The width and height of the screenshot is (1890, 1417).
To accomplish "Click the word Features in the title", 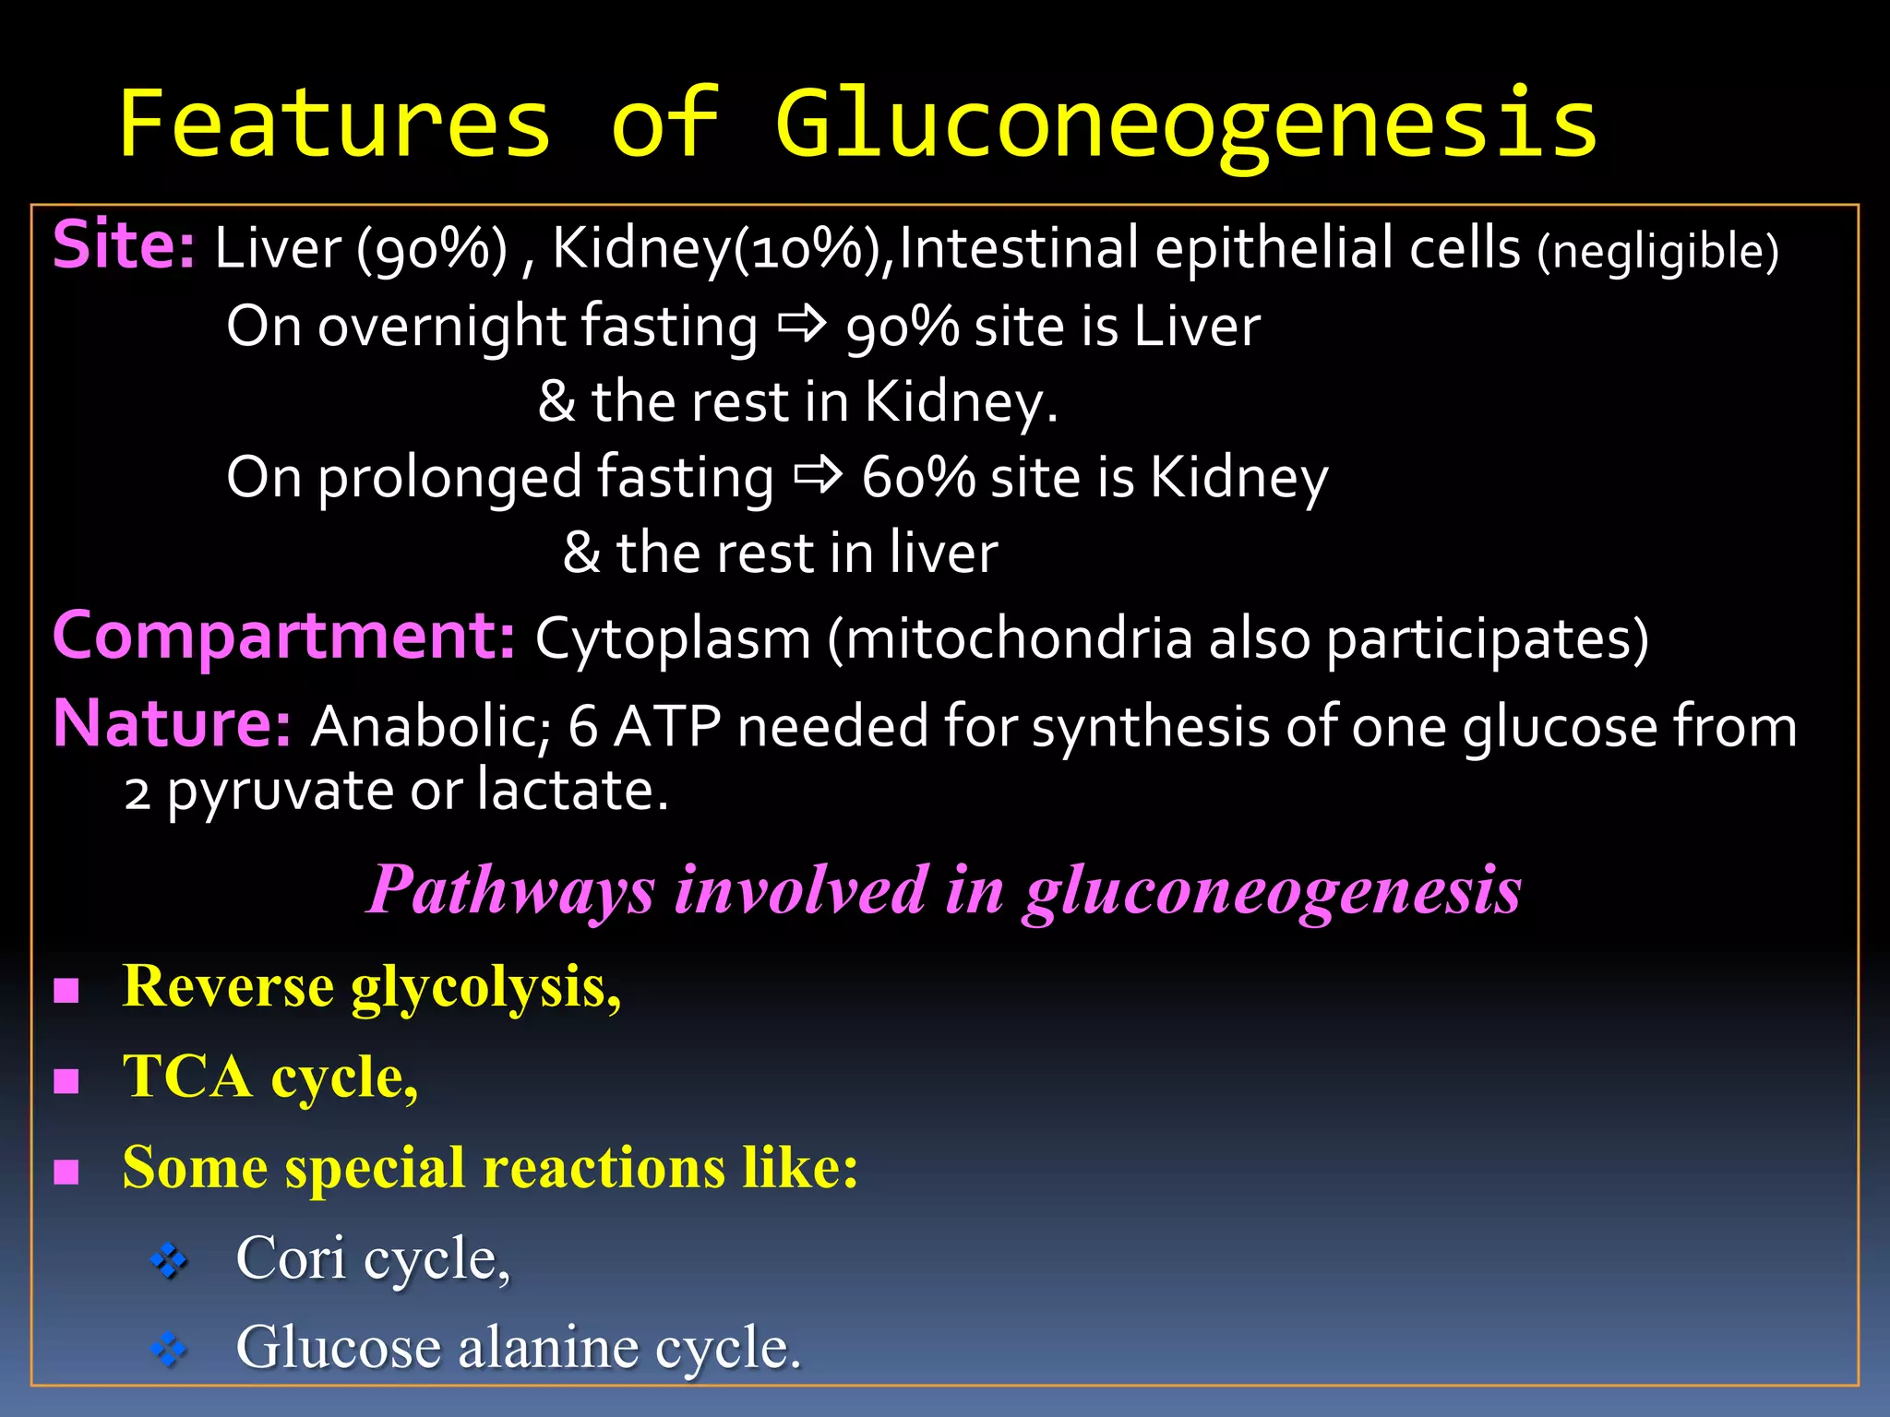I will [x=335, y=125].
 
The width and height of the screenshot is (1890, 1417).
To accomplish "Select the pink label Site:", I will [x=124, y=246].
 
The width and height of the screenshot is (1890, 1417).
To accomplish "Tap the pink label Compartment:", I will [x=283, y=636].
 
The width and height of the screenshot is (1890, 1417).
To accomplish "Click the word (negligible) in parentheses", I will [x=1657, y=252].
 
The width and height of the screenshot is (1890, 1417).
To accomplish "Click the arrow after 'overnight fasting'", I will [x=801, y=325].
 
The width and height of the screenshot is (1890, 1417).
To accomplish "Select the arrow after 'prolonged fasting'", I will [x=818, y=476].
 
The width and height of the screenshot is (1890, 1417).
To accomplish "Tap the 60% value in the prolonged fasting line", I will [x=917, y=478].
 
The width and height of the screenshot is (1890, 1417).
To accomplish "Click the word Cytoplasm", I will [x=673, y=638].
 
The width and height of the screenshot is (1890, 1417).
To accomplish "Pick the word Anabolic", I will [x=430, y=726].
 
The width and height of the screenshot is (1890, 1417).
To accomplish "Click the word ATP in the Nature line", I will [x=666, y=726].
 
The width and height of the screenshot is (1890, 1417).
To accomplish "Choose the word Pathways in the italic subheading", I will [x=511, y=890].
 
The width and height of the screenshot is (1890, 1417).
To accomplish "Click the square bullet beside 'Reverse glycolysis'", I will [x=66, y=991].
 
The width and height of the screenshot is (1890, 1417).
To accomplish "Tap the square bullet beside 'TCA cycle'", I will [x=66, y=1080].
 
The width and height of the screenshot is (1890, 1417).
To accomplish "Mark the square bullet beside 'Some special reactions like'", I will [x=66, y=1172].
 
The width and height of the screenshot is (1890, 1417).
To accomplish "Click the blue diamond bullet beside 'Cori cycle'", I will [x=169, y=1260].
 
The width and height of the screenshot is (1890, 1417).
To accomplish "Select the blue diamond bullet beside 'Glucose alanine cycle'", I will [x=169, y=1351].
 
